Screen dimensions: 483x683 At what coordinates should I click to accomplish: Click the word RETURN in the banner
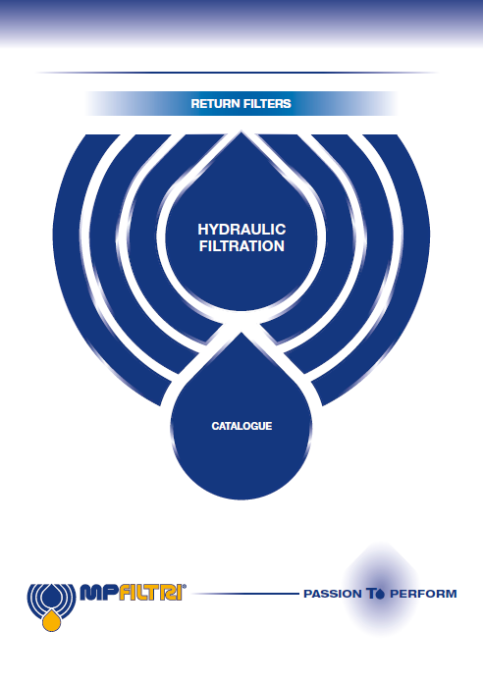210,104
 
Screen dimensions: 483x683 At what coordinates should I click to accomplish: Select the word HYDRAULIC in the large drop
241,229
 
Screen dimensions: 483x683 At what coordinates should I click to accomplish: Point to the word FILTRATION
241,246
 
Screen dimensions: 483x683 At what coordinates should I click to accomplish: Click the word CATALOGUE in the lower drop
241,426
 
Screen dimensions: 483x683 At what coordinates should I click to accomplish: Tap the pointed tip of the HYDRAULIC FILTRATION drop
241,132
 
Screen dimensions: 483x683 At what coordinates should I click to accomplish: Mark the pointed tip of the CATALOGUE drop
241,334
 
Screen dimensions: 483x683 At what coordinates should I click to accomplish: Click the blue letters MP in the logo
97,593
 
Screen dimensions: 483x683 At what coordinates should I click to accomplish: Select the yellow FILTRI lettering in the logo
148,593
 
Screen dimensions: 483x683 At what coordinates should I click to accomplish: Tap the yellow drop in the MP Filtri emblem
51,620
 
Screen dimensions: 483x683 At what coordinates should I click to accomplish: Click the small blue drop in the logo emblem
51,598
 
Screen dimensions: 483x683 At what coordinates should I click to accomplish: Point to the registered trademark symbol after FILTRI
184,586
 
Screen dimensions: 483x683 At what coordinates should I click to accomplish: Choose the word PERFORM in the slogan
423,594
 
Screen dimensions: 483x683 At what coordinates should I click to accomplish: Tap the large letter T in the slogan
370,594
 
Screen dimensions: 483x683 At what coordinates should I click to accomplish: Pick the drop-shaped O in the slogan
380,594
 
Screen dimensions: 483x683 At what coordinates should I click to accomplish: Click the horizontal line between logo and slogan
245,594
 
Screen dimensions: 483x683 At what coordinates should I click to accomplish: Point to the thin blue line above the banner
238,73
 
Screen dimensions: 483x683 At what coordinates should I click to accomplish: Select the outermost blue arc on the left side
70,270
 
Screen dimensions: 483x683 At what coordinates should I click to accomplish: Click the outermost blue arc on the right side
413,270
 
